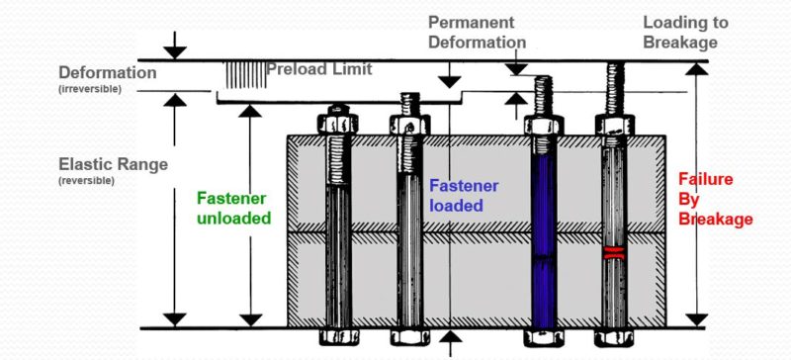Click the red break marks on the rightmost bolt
[x=614, y=253]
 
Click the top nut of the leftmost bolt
[x=336, y=123]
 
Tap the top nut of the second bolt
[x=409, y=124]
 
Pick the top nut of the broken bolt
[x=614, y=126]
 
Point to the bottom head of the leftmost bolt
[x=336, y=337]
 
